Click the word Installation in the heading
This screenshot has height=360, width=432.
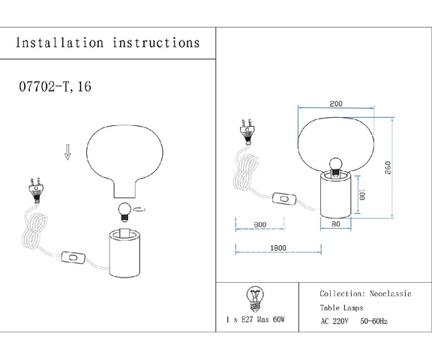pos(59,43)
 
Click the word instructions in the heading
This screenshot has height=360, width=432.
pos(156,43)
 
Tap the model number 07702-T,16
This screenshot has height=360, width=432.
pos(55,86)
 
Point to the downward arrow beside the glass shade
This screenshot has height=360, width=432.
pos(67,152)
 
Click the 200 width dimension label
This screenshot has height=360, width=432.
pos(336,103)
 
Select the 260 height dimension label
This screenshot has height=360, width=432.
pos(388,168)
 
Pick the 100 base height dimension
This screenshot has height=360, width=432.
pos(362,194)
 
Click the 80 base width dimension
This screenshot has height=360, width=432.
pos(335,224)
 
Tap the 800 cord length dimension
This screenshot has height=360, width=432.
pos(260,225)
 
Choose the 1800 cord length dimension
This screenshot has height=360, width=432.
pos(278,248)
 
